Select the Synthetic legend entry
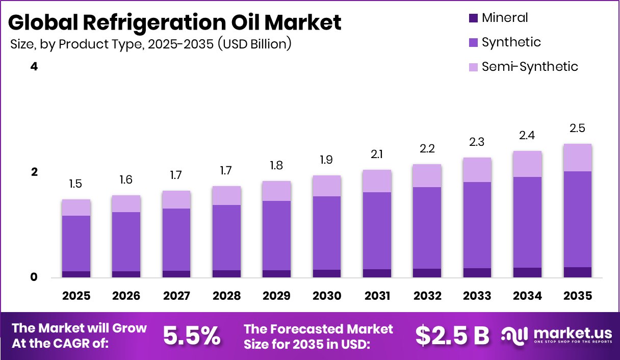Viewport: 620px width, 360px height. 511,42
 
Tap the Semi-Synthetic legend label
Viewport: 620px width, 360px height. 530,67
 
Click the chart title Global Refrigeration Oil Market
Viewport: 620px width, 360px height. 174,22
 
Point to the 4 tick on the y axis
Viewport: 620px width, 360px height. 34,67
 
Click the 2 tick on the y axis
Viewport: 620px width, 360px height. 34,172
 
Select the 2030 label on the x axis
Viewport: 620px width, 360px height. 326,296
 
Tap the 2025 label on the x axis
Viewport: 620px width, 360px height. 76,296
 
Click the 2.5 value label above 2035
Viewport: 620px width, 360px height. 578,128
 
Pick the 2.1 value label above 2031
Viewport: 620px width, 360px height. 377,154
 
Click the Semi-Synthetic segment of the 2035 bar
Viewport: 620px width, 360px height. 578,158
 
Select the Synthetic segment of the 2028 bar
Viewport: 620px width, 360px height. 226,237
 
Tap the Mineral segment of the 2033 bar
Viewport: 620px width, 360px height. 477,273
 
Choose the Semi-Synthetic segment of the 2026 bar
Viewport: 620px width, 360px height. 126,203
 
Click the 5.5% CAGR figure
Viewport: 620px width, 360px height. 192,336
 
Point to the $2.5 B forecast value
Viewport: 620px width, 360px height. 452,336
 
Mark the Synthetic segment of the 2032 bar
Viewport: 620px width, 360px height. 427,227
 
